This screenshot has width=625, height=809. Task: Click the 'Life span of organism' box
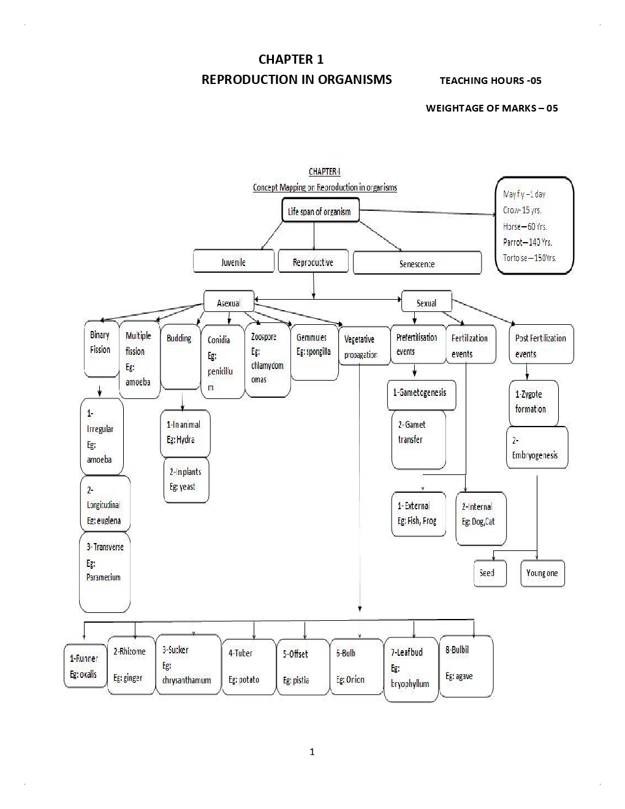[320, 211]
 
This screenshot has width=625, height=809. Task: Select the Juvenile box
[233, 262]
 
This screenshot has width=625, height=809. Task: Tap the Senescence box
[417, 264]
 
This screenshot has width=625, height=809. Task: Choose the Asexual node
[229, 303]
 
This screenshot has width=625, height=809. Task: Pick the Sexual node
[426, 302]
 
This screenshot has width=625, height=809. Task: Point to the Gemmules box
[314, 352]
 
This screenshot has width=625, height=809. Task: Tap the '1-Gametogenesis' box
[423, 393]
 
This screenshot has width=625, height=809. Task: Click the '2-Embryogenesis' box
[537, 447]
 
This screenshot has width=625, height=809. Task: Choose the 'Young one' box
[542, 573]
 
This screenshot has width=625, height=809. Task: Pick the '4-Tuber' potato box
[248, 667]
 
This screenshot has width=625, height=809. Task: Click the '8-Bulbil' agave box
[466, 666]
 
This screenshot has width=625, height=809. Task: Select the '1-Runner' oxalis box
[85, 667]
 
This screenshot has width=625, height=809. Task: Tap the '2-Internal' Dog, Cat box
[480, 518]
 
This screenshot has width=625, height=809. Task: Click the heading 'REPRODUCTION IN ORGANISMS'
[297, 80]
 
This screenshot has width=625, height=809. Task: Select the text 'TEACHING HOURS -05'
[490, 80]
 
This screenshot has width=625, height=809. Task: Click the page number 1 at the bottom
[312, 752]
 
